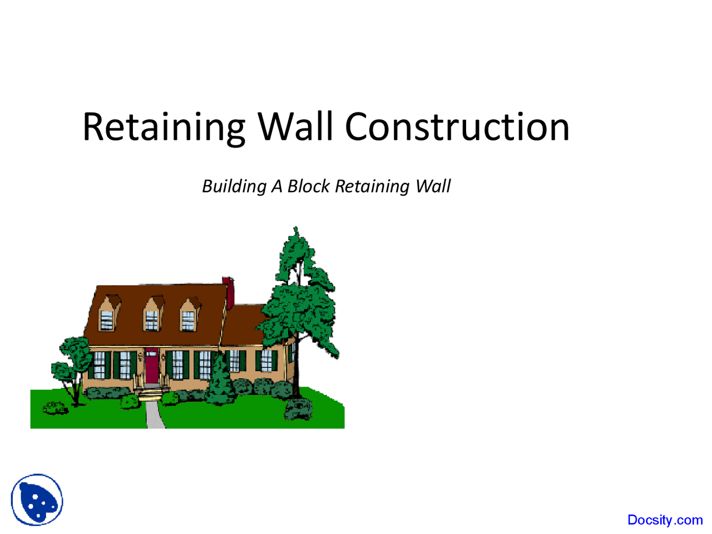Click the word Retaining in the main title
[164, 127]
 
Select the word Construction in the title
[457, 127]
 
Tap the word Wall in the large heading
[295, 127]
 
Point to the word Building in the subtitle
[234, 186]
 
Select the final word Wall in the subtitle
[433, 186]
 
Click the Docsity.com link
[665, 520]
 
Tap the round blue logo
[37, 500]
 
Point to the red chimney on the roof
[228, 291]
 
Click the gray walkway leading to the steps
[155, 414]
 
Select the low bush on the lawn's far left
[55, 408]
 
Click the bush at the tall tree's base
[298, 409]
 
